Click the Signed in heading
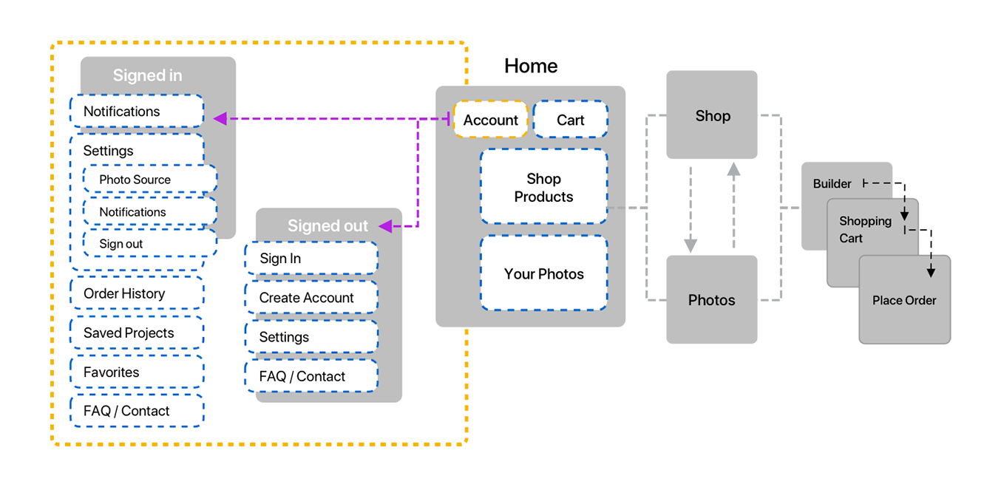[147, 75]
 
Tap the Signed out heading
[328, 226]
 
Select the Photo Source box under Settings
[150, 180]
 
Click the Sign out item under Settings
[150, 244]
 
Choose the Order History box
[137, 293]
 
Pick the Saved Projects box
[137, 333]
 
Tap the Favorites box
[137, 372]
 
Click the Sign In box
[311, 259]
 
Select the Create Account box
[311, 298]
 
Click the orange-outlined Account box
[491, 120]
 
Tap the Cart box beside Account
[570, 120]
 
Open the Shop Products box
[544, 188]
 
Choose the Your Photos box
[544, 274]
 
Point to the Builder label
[832, 183]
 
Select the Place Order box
[904, 300]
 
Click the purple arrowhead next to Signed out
[385, 226]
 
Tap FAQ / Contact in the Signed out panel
[311, 376]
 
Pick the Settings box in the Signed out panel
[311, 337]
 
